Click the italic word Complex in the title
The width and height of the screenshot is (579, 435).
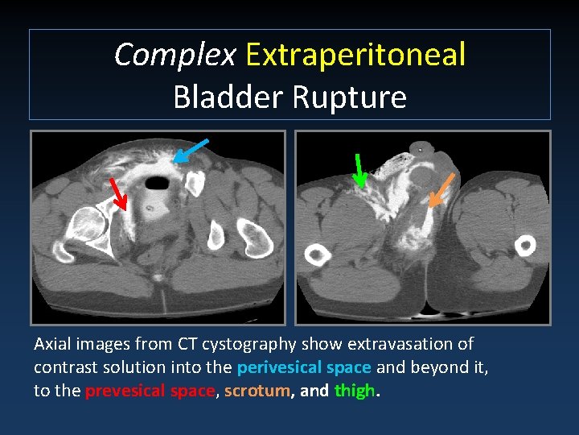175,55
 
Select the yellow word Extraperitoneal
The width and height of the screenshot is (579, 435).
355,55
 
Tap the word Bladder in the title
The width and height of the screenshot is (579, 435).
228,97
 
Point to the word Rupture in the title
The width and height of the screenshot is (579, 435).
349,97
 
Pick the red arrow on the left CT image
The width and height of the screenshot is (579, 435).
119,194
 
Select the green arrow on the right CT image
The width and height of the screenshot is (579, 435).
359,170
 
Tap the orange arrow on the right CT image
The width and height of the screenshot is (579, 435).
441,189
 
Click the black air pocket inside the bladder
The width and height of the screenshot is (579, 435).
158,183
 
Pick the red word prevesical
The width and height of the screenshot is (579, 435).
121,391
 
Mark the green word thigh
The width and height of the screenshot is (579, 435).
354,391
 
